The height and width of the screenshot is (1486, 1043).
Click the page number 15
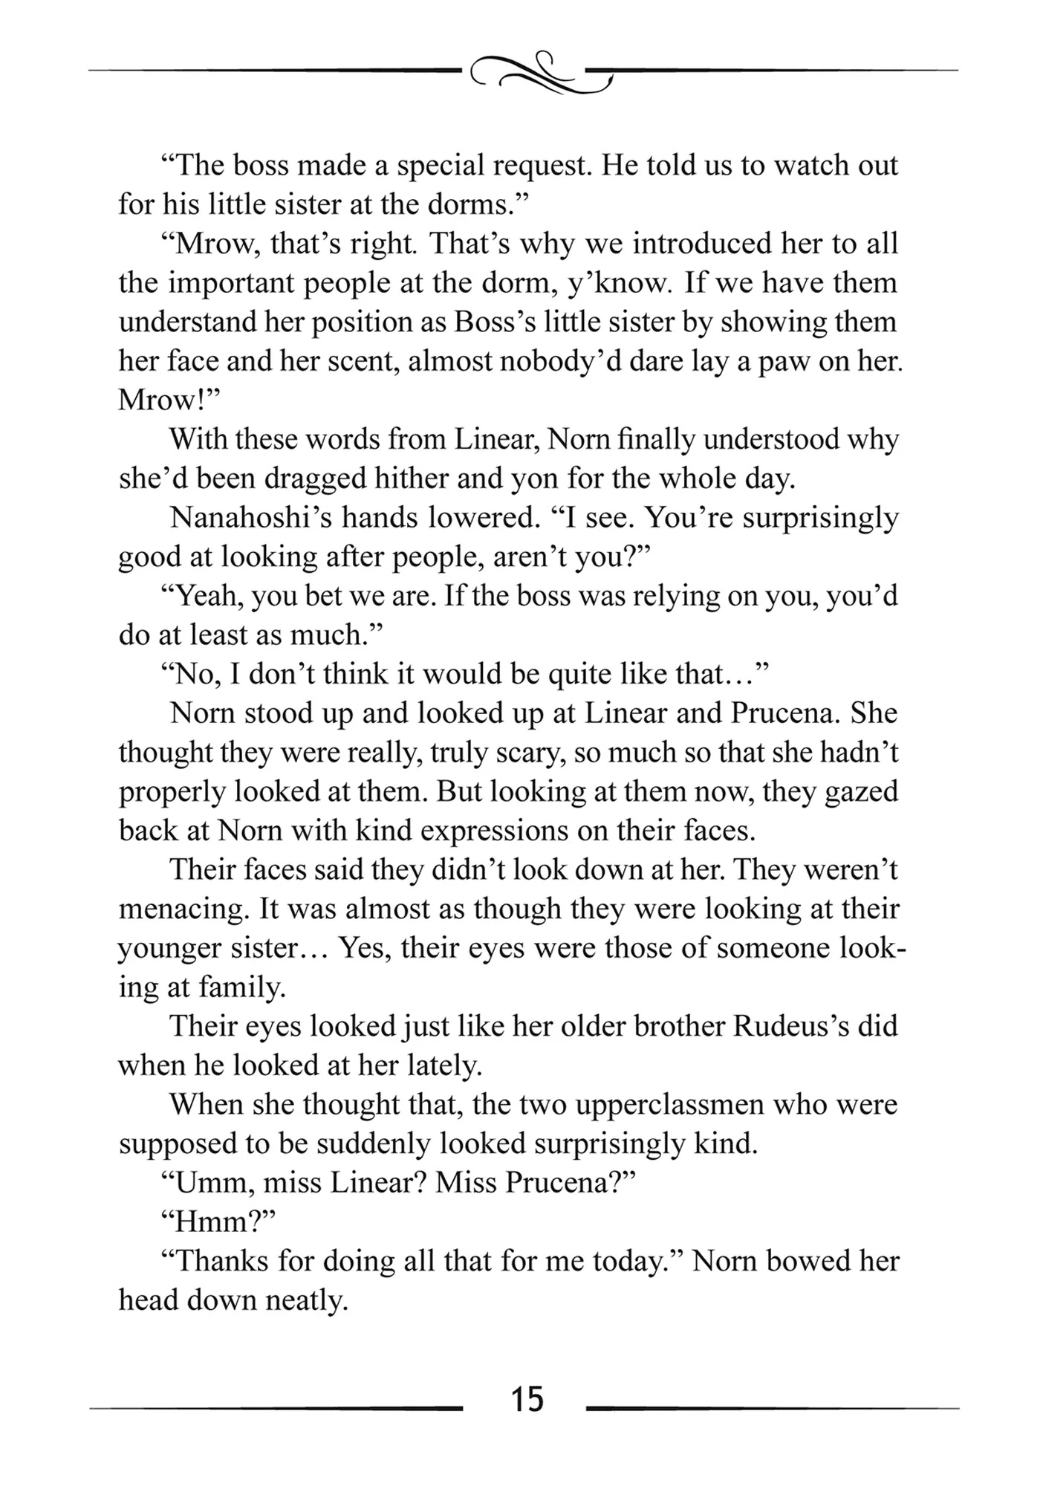527,1400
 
